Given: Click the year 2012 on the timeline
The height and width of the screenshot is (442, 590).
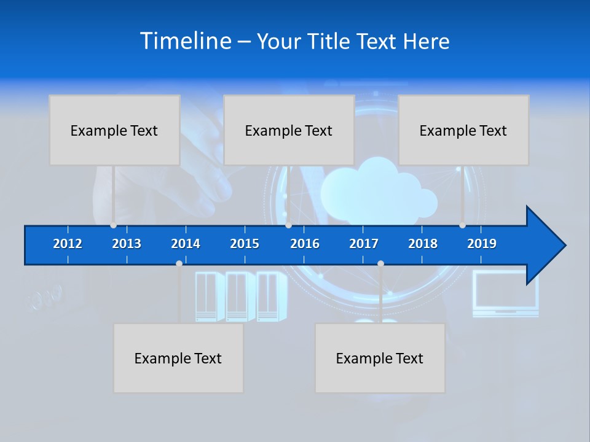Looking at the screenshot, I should [x=68, y=244].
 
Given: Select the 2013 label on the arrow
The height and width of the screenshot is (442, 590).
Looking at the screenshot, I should [x=127, y=244].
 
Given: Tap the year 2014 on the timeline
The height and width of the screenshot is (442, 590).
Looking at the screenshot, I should [x=186, y=244].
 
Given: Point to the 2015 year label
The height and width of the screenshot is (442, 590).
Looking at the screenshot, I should [x=245, y=244].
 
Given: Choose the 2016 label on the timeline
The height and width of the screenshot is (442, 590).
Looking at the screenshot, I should [x=305, y=244].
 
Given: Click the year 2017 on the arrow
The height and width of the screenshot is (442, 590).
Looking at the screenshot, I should [x=364, y=244].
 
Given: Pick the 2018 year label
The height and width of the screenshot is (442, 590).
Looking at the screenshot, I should [x=423, y=244].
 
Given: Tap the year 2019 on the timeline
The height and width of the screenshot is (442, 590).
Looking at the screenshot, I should [x=482, y=244].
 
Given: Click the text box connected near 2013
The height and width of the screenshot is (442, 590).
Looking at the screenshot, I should [x=114, y=130].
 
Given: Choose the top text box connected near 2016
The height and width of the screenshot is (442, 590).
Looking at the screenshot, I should [x=289, y=130].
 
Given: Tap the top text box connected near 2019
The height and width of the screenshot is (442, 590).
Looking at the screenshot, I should [x=463, y=130].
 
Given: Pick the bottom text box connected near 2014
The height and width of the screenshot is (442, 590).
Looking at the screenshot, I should [x=178, y=358].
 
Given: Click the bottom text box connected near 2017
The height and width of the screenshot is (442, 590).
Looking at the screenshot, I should [x=380, y=358].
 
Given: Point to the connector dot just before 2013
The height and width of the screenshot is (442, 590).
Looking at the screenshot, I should [x=113, y=225].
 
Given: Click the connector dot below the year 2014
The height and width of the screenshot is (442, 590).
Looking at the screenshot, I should [x=179, y=263].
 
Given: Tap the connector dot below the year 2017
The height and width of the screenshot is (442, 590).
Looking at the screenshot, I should [x=380, y=263].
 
